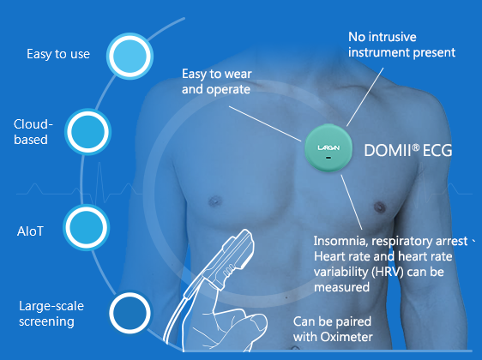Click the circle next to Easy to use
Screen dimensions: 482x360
(130, 56)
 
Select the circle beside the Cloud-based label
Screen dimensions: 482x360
(87, 131)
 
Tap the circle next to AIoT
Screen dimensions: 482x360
(87, 228)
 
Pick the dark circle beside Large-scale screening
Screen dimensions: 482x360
(130, 313)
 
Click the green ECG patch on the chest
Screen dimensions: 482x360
(328, 147)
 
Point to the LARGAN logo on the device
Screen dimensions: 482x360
(328, 147)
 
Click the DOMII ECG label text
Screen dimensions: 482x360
(408, 150)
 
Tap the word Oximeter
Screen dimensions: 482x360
(346, 337)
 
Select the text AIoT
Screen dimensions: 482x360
(30, 231)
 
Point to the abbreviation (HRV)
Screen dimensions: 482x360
(387, 272)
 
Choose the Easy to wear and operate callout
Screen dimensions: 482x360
(216, 81)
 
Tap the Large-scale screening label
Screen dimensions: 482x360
(51, 314)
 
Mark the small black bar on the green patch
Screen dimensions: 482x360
(328, 158)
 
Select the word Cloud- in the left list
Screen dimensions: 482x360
(33, 124)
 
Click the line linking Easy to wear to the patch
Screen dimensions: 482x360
(265, 123)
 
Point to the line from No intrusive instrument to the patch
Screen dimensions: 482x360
(365, 97)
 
